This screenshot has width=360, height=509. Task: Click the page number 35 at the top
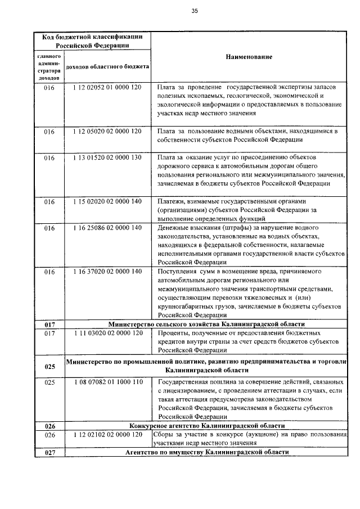pyautogui.click(x=194, y=11)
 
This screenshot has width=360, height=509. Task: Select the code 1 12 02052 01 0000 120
pyautogui.click(x=107, y=88)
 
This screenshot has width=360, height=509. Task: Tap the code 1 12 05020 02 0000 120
pyautogui.click(x=107, y=132)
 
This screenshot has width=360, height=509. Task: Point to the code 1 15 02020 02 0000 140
pyautogui.click(x=107, y=201)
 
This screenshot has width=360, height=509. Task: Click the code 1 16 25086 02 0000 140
pyautogui.click(x=107, y=228)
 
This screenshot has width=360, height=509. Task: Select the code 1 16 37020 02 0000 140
pyautogui.click(x=107, y=271)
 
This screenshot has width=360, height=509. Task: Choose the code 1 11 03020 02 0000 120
pyautogui.click(x=107, y=333)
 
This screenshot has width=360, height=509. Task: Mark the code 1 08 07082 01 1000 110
pyautogui.click(x=107, y=382)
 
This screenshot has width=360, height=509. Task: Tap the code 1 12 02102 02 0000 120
pyautogui.click(x=107, y=435)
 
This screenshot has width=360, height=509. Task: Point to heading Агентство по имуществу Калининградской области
pyautogui.click(x=206, y=452)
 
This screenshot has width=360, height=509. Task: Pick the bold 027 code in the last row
pyautogui.click(x=49, y=453)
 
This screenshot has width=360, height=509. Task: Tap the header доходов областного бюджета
pyautogui.click(x=107, y=67)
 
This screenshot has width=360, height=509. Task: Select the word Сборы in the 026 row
pyautogui.click(x=164, y=435)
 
